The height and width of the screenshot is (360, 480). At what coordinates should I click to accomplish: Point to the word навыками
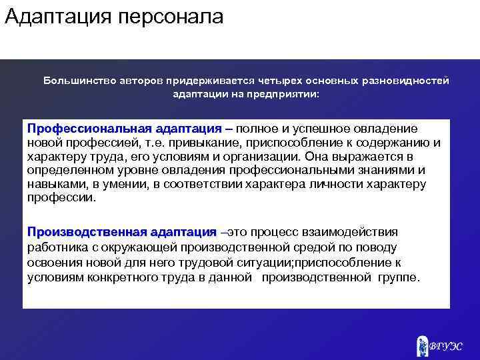pos(53,185)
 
